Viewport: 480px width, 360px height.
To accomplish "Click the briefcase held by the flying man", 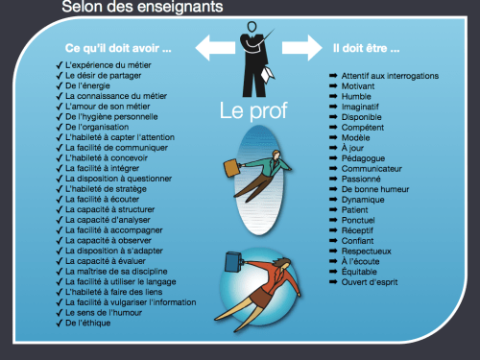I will click(234, 167).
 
